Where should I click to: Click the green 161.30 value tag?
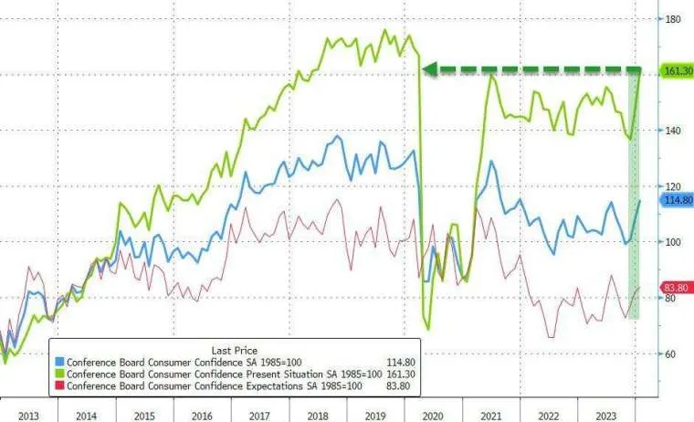tap(675, 70)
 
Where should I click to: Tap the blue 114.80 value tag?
tap(675, 200)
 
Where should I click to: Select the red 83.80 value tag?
tap(675, 287)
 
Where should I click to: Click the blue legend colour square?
tap(59, 363)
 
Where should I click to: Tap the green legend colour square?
tap(59, 375)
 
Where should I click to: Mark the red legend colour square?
tap(59, 386)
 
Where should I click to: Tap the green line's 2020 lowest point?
tap(428, 329)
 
